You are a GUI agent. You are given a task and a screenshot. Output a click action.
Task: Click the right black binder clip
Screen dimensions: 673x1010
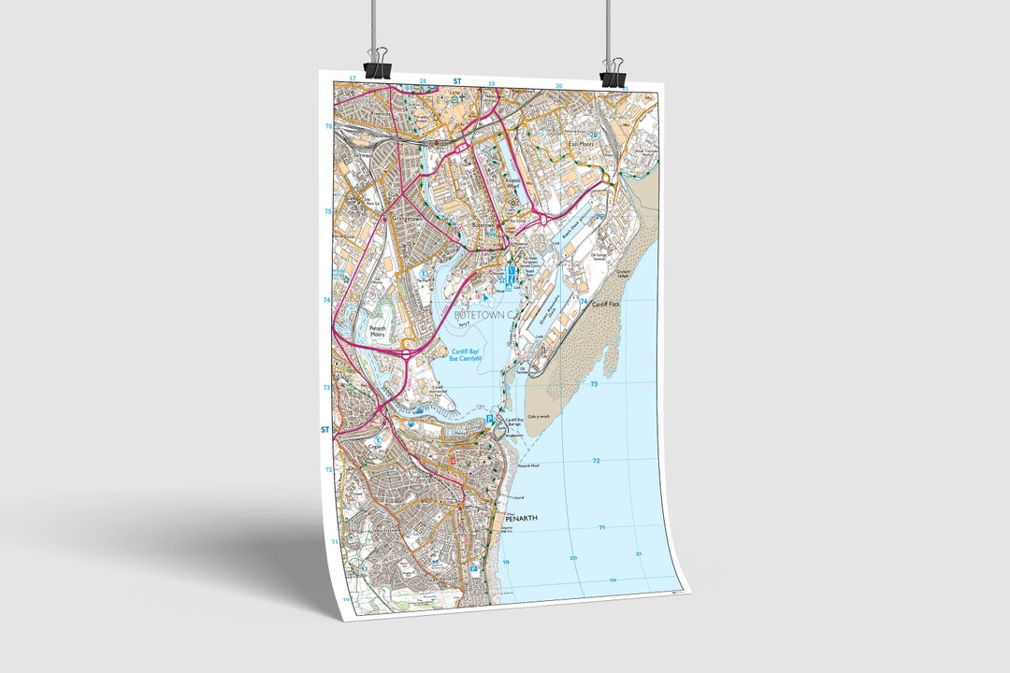click(613, 76)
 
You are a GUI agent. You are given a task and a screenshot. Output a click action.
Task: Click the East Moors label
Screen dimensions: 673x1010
click(584, 145)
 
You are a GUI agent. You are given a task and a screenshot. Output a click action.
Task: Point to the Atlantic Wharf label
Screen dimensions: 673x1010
click(517, 185)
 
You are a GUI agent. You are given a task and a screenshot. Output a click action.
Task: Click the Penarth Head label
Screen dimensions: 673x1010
click(528, 465)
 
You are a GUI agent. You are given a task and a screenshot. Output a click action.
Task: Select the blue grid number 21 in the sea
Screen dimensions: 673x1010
click(640, 554)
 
